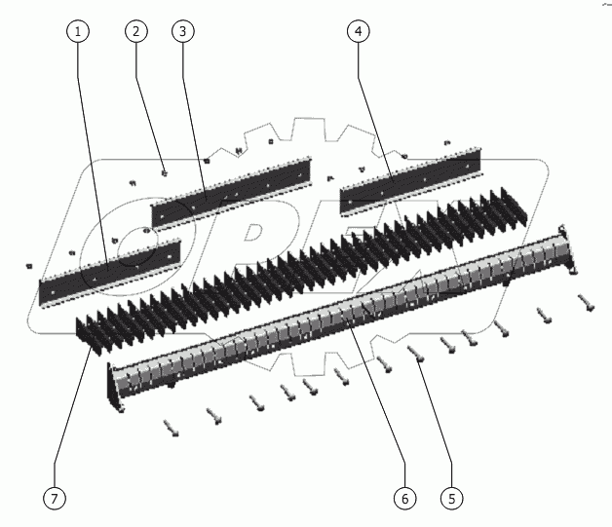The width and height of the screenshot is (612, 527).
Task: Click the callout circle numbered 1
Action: (x=78, y=31)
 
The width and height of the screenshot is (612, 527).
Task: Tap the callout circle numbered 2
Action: (x=136, y=31)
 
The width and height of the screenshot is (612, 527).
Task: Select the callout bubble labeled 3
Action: (x=183, y=31)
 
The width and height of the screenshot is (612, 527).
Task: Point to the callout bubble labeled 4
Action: (x=359, y=31)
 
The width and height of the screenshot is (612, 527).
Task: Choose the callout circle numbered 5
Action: (x=452, y=498)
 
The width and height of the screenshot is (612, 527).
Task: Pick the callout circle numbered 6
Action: (x=404, y=498)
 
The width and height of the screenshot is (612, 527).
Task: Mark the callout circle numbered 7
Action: (x=55, y=498)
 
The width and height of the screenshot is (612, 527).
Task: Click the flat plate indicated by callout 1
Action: (x=110, y=273)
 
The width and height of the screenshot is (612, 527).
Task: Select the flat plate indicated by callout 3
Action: (x=231, y=192)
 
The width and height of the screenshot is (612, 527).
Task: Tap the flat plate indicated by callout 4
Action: (x=410, y=180)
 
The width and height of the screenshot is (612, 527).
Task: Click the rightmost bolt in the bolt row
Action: (x=587, y=303)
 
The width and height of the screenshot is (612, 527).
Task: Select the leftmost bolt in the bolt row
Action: (x=171, y=428)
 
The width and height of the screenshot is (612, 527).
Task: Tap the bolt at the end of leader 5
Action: (x=416, y=354)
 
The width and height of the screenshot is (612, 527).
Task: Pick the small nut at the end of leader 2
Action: (x=165, y=173)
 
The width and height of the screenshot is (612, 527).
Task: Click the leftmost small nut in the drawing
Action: (x=29, y=266)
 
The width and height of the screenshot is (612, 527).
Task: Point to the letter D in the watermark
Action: (x=253, y=233)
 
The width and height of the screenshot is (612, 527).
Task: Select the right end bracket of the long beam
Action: (x=569, y=249)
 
